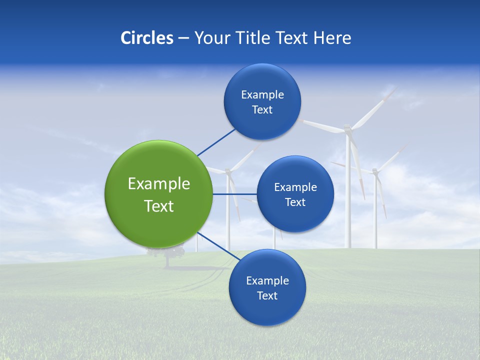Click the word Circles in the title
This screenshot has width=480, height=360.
coord(146,38)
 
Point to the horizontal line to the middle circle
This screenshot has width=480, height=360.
coord(235,194)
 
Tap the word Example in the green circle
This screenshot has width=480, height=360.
coord(158,183)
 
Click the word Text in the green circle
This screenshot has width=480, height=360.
coord(158,206)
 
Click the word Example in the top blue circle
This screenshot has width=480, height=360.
coord(262,94)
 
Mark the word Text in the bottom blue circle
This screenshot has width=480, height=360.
coord(267,295)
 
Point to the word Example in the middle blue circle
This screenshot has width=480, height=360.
coord(295,187)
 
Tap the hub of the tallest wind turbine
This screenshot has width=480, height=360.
coord(348,130)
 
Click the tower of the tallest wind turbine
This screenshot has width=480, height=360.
coord(348,200)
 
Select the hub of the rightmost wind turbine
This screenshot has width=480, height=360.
coord(375,171)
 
